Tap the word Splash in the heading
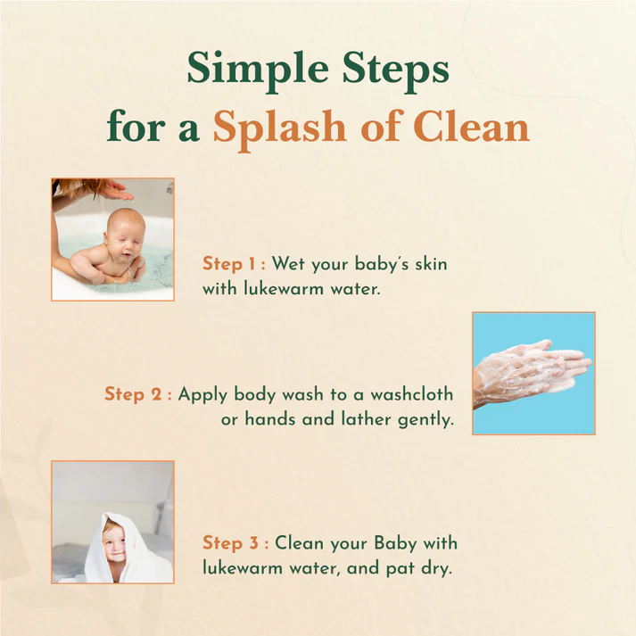(279, 128)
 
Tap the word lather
(367, 418)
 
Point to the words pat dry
(418, 569)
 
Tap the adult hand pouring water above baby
(114, 191)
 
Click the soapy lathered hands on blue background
(532, 373)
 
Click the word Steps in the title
(396, 68)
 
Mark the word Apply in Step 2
(202, 395)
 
